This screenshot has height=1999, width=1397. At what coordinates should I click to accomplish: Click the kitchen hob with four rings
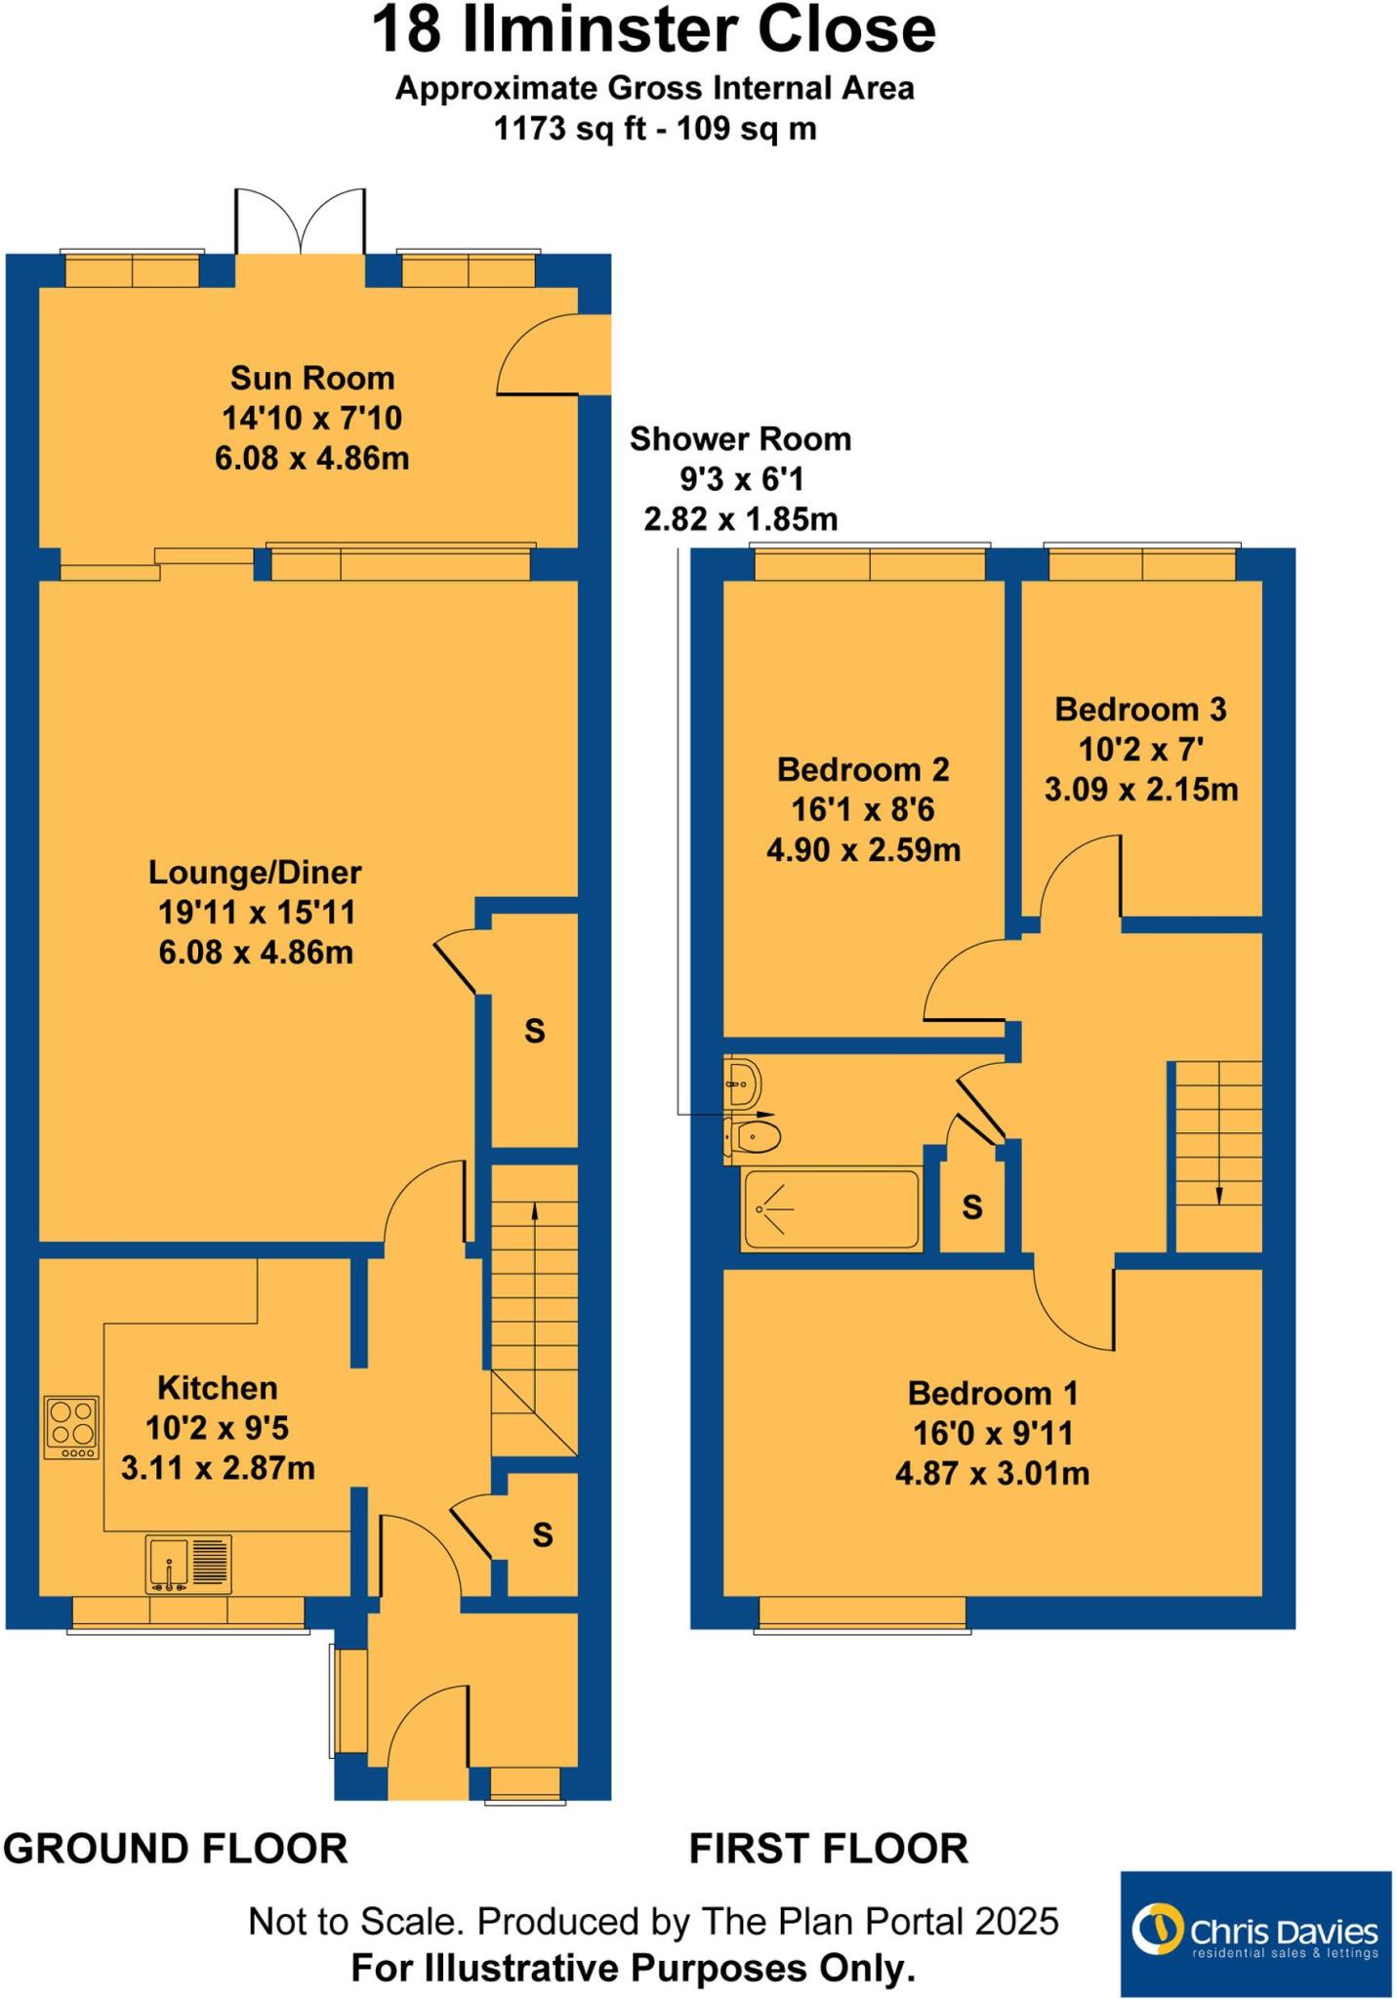point(71,1427)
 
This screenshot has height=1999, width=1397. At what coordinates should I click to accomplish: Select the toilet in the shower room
point(754,1136)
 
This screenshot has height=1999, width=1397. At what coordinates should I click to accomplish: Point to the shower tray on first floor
point(832,1209)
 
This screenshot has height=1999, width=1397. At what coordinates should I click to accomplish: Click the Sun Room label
point(312,378)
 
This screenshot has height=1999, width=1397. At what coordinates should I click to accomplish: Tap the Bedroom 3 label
point(1140,709)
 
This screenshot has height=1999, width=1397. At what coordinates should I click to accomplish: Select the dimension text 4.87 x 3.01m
point(992,1473)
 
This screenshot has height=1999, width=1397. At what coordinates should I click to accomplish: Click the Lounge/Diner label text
point(255,872)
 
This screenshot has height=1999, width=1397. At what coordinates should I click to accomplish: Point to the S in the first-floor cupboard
point(971,1207)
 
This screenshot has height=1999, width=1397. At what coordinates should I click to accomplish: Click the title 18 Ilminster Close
point(654,31)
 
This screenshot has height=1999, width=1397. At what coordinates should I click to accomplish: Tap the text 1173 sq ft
point(569,128)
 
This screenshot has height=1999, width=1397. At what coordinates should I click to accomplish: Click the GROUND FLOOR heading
point(176,1849)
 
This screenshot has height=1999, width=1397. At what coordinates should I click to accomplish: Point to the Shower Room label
point(740,439)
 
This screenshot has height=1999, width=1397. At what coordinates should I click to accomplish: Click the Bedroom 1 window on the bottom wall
point(863,1613)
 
